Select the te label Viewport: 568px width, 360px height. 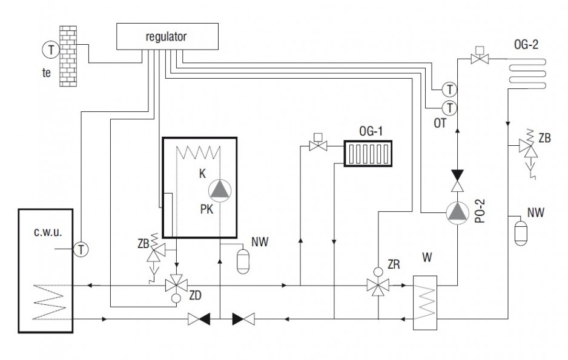pyautogui.click(x=47, y=73)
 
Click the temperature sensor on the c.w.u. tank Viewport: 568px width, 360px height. pyautogui.click(x=81, y=249)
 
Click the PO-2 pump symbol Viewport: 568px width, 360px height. pyautogui.click(x=458, y=212)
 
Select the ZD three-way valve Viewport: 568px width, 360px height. pyautogui.click(x=176, y=286)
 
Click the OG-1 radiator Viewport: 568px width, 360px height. pyautogui.click(x=368, y=154)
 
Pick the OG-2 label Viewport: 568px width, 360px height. pyautogui.click(x=526, y=45)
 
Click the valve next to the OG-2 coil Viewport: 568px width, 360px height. pyautogui.click(x=480, y=58)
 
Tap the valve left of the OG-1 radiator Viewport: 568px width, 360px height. pyautogui.click(x=318, y=145)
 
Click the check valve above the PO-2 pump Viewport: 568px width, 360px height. pyautogui.click(x=458, y=180)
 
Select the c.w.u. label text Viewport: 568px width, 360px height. pyautogui.click(x=48, y=232)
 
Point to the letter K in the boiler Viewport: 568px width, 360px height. pyautogui.click(x=202, y=174)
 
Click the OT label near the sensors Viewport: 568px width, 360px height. pyautogui.click(x=440, y=123)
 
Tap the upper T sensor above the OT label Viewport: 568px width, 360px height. pyautogui.click(x=449, y=89)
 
